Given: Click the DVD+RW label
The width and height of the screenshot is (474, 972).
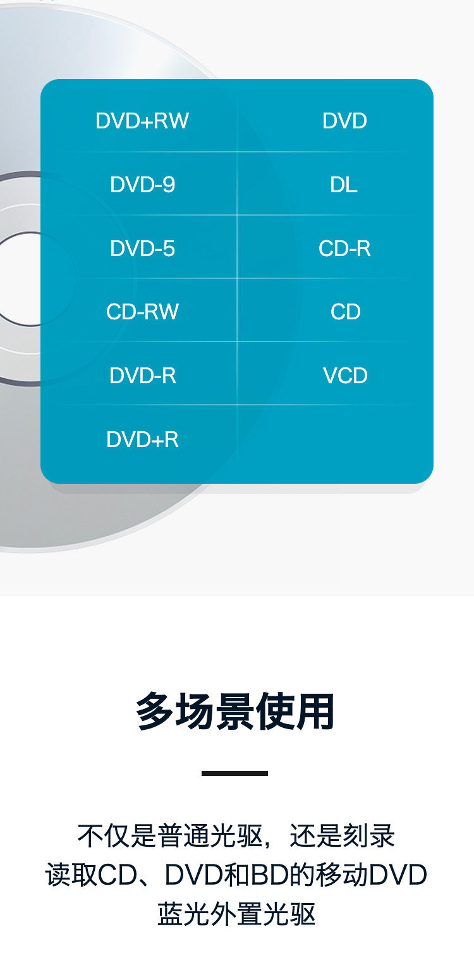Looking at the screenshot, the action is click(142, 121).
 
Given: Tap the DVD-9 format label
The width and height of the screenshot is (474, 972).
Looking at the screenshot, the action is click(142, 185).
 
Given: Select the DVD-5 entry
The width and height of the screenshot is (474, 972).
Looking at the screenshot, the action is click(142, 249).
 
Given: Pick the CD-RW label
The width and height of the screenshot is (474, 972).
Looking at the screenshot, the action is click(142, 312).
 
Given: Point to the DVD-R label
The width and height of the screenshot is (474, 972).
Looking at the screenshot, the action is click(142, 376).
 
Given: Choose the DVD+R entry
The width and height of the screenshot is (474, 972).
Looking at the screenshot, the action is click(142, 440).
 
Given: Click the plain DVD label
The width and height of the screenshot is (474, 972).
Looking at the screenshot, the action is click(344, 121).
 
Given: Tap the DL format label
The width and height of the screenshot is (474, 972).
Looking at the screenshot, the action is click(344, 185).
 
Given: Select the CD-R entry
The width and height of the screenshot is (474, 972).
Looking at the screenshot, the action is click(344, 249).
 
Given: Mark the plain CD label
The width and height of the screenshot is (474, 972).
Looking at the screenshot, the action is click(345, 312).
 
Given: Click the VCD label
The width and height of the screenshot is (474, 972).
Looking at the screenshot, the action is click(345, 376).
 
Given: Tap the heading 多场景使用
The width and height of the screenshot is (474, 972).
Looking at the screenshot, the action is click(235, 712).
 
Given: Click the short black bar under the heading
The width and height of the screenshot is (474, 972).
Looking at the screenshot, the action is click(235, 773).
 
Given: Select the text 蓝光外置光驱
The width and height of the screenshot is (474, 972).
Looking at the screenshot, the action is click(236, 914).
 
